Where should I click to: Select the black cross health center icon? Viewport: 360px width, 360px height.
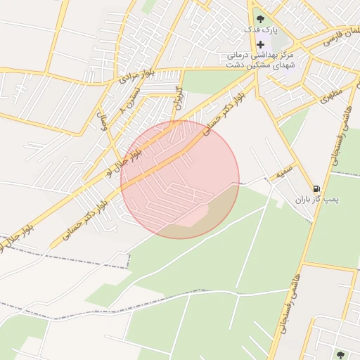(261, 44)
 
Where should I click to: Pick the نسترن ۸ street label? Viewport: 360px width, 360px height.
(134, 100)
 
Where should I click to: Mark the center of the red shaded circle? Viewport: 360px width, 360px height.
(180, 179)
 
